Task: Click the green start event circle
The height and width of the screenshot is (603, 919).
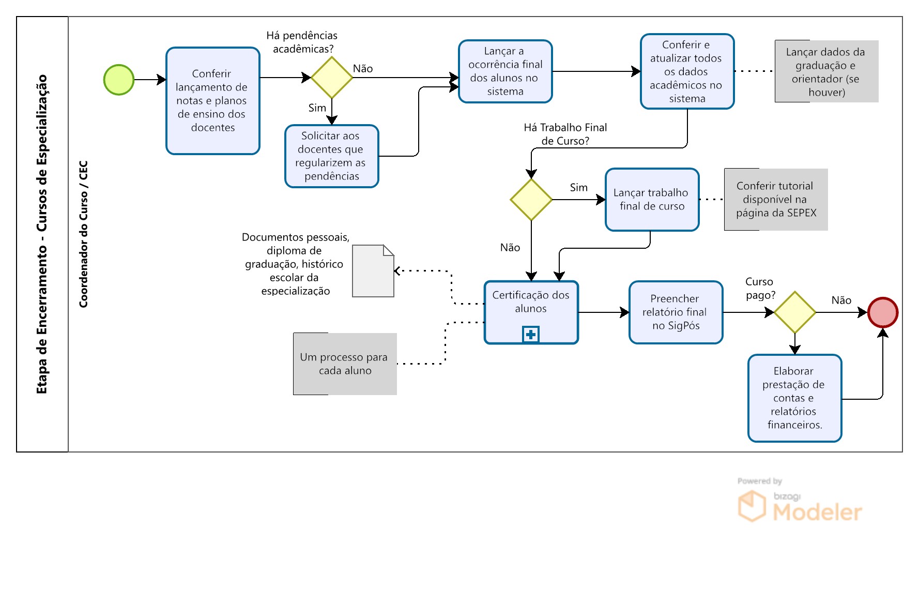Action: (119, 80)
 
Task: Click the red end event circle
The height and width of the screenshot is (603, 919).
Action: (883, 312)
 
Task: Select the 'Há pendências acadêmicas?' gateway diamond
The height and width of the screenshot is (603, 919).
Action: (332, 78)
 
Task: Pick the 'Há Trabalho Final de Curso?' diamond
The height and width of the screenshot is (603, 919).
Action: (531, 200)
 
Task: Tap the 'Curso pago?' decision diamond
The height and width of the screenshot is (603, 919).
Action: (795, 312)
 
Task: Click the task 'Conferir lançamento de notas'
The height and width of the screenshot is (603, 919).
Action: (213, 101)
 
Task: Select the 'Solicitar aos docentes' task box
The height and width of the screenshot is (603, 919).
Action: (332, 156)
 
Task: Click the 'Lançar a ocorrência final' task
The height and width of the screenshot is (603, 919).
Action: (506, 71)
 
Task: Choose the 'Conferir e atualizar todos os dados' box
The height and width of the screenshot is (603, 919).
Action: (687, 71)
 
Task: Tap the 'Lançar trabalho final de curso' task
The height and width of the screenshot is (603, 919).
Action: (652, 200)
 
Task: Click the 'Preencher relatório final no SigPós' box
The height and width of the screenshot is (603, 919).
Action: (676, 312)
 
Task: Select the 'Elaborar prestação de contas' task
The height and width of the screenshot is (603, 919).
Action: (795, 398)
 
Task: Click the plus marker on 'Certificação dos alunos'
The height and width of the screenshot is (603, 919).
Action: (531, 335)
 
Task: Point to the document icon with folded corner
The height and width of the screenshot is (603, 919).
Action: (373, 271)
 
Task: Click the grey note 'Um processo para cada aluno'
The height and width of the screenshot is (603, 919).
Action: (345, 364)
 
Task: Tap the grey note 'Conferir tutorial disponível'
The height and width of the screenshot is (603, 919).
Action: (776, 200)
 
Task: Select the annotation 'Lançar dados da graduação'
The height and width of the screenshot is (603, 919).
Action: (826, 71)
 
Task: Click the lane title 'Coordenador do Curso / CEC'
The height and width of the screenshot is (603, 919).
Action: (84, 234)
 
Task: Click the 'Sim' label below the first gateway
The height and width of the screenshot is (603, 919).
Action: (317, 108)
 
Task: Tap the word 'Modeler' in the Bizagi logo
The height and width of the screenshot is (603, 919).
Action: (818, 512)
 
